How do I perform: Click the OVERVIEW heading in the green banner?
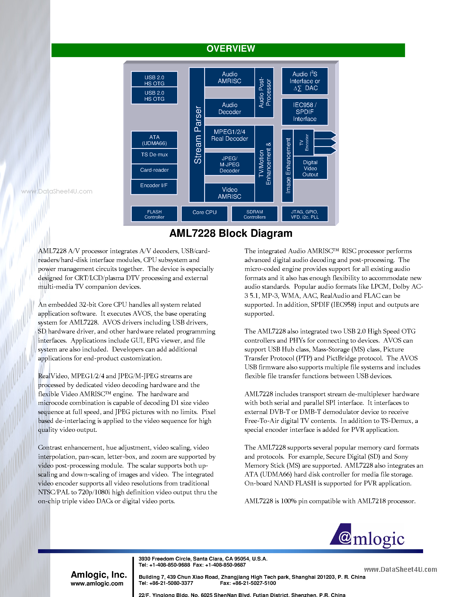coord(231,49)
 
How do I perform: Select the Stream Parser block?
coord(197,135)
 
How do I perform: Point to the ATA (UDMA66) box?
coord(154,140)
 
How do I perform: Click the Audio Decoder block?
coord(230,108)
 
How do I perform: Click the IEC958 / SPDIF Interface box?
coord(305,112)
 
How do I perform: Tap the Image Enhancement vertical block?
coord(288,166)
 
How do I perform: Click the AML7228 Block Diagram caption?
coord(231,233)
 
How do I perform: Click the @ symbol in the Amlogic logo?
coord(345,538)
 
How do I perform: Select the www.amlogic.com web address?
coord(97,584)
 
